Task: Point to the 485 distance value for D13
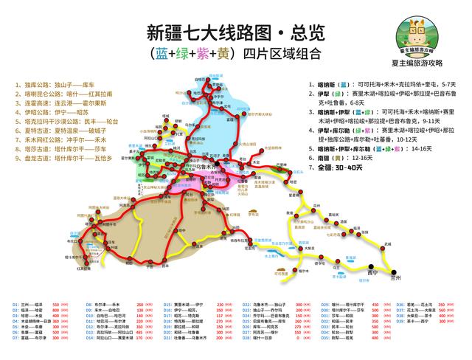tap(139, 318)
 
